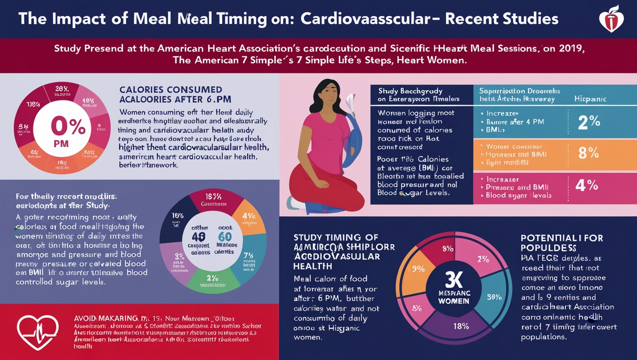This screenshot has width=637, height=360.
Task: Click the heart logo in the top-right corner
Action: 611,19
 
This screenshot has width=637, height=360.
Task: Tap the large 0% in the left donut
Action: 68,127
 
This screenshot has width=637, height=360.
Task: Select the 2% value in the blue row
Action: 589,122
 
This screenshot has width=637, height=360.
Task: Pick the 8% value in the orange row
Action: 589,153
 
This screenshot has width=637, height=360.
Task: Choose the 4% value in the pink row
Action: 586,186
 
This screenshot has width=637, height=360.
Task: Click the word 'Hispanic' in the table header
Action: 590,99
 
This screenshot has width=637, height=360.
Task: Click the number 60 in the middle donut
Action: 225,237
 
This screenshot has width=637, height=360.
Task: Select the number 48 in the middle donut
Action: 199,237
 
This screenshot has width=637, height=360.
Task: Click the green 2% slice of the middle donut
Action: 212,279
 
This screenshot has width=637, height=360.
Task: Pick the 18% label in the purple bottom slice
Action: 461,326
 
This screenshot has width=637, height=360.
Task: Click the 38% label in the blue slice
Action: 494,297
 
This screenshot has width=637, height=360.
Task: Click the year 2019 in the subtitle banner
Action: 570,48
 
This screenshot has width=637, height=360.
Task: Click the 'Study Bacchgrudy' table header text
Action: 410,91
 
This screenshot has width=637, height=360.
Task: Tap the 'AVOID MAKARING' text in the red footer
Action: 106,318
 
